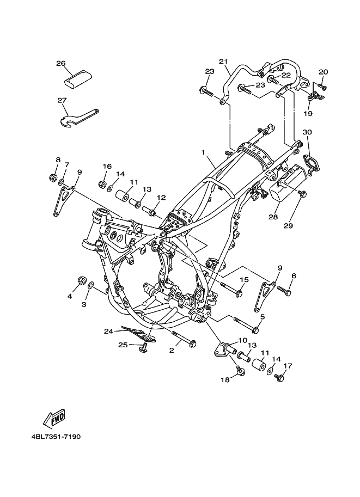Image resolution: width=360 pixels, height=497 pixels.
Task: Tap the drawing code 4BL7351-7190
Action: (56, 437)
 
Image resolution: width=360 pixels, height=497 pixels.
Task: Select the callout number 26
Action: (60, 63)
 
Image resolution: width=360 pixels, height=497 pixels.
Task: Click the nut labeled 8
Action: (53, 177)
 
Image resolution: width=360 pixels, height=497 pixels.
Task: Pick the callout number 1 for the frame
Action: (203, 152)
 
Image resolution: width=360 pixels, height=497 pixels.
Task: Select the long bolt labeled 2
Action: (184, 339)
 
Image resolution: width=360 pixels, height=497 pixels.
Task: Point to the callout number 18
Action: (225, 380)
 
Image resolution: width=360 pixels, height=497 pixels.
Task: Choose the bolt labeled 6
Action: (284, 291)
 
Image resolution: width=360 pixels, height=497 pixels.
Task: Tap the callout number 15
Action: (244, 280)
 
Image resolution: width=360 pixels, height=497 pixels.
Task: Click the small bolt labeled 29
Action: (302, 193)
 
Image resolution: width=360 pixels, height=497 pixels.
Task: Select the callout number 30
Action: (307, 132)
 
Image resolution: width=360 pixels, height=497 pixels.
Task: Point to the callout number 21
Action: (224, 61)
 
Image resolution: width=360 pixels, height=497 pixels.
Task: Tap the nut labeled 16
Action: (102, 183)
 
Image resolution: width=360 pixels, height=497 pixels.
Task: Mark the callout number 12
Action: (161, 198)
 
